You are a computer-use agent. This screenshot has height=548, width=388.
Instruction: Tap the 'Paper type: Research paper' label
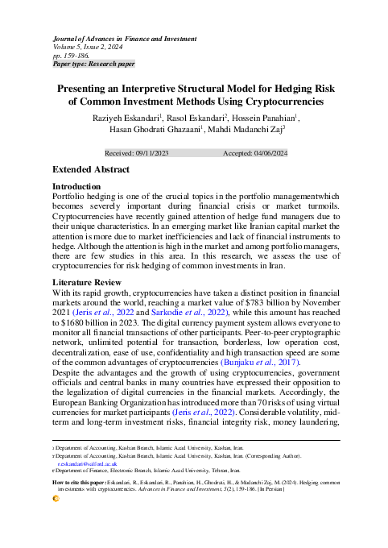[x=93, y=64]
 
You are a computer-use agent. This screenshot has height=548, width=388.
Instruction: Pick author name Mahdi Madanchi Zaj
[x=245, y=129]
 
